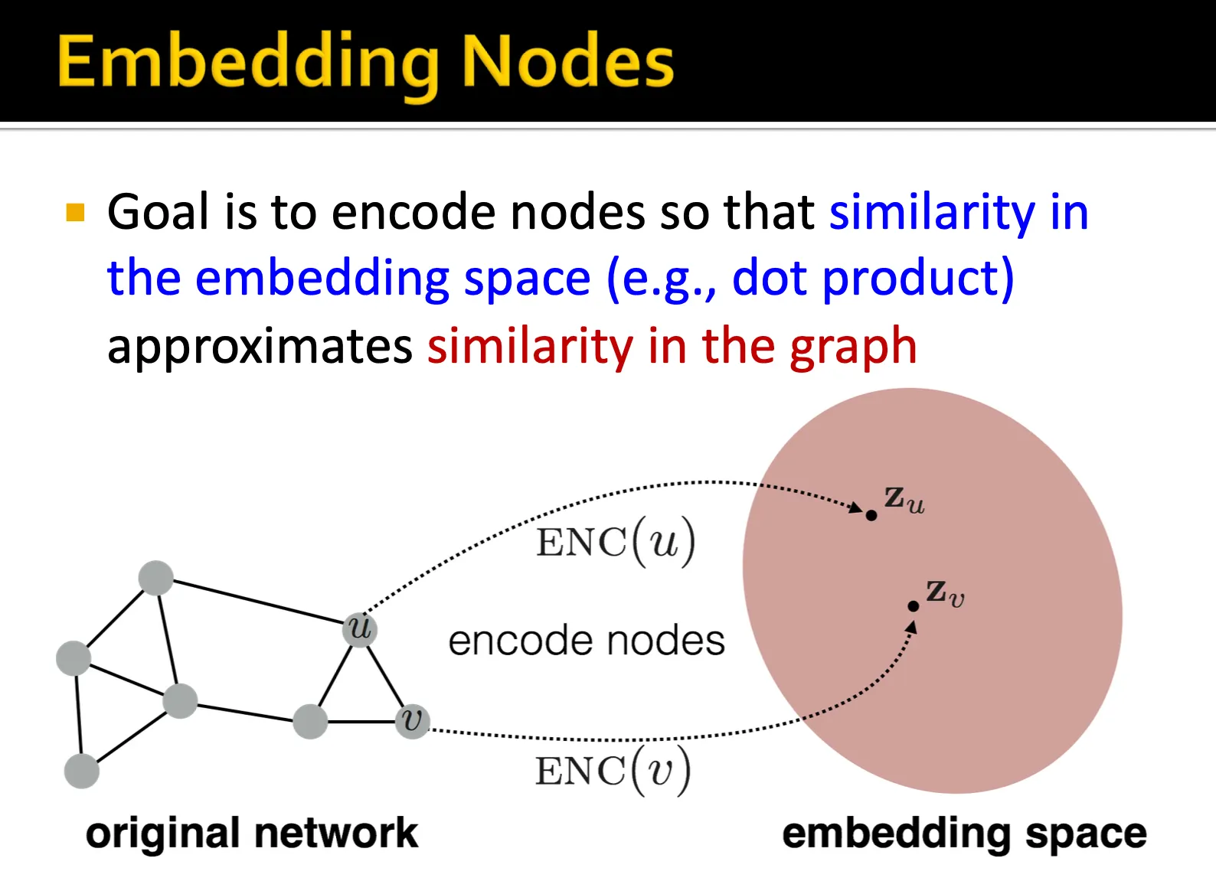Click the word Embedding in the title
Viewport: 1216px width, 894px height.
pyautogui.click(x=248, y=64)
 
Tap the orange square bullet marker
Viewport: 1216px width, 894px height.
pyautogui.click(x=75, y=211)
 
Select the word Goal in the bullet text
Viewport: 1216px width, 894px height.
pyautogui.click(x=158, y=212)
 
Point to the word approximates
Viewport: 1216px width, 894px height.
pyautogui.click(x=260, y=347)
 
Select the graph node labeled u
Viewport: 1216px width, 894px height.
pyautogui.click(x=359, y=629)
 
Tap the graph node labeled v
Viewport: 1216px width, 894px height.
pyautogui.click(x=412, y=721)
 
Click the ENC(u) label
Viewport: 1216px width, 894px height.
pyautogui.click(x=616, y=542)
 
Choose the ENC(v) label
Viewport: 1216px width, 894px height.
pyautogui.click(x=613, y=770)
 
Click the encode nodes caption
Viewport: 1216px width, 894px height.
pyautogui.click(x=587, y=641)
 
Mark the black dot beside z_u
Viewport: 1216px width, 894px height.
pyautogui.click(x=871, y=515)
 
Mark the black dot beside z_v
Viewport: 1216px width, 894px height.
pyautogui.click(x=913, y=606)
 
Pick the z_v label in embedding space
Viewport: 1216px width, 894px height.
pyautogui.click(x=945, y=592)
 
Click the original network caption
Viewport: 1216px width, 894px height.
pyautogui.click(x=252, y=833)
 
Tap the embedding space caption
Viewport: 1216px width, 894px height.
pyautogui.click(x=964, y=833)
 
